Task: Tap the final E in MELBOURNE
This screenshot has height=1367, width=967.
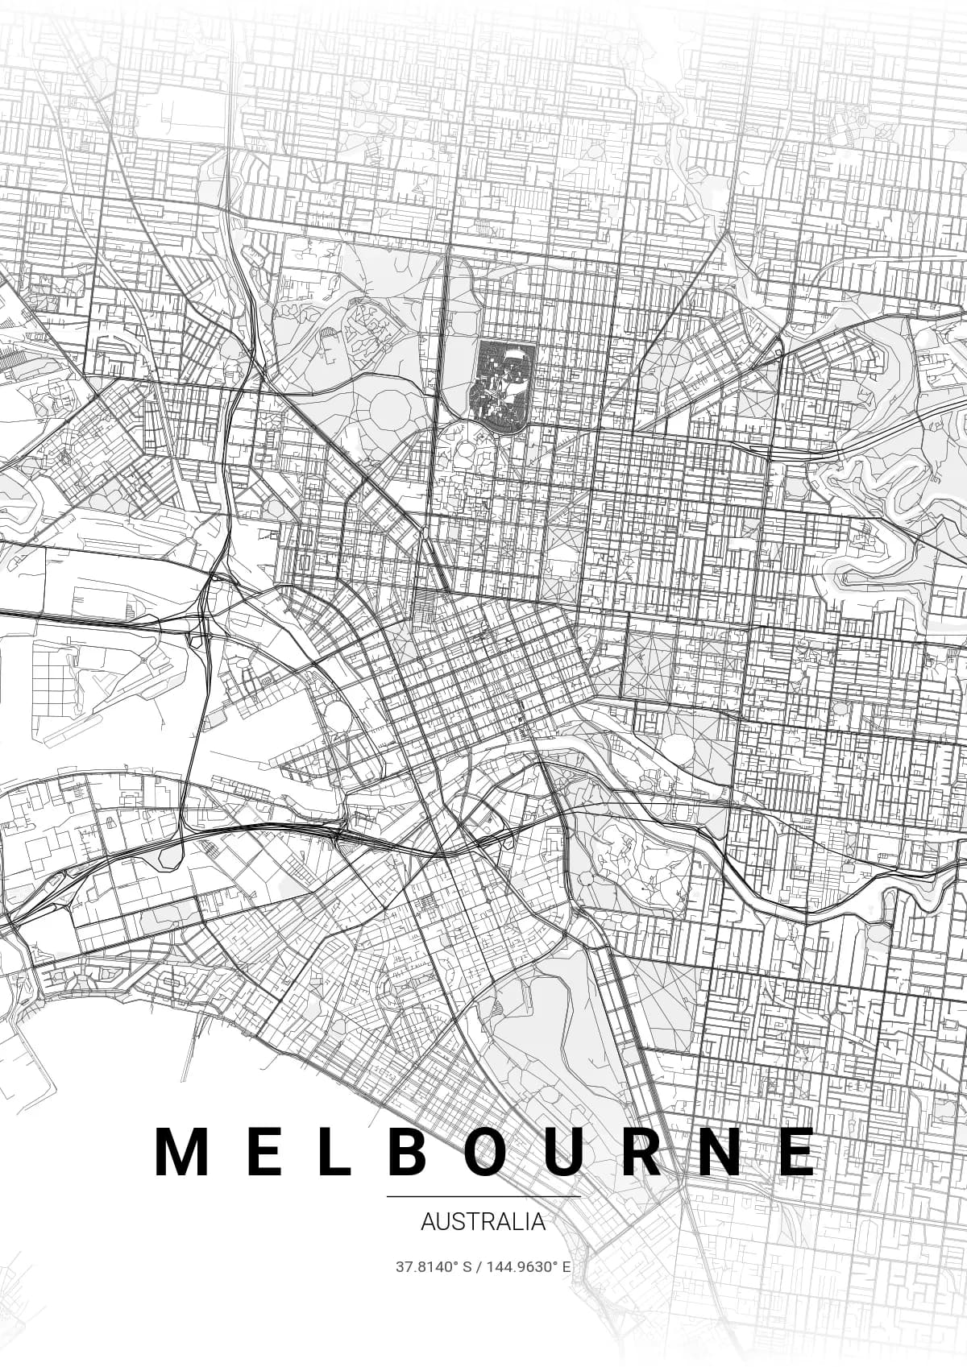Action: [798, 1151]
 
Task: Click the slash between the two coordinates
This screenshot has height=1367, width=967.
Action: [478, 1289]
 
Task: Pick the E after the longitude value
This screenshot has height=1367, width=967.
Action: [567, 1289]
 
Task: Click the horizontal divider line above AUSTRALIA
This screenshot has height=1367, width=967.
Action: [483, 1196]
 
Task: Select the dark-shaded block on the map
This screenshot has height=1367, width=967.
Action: [504, 379]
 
